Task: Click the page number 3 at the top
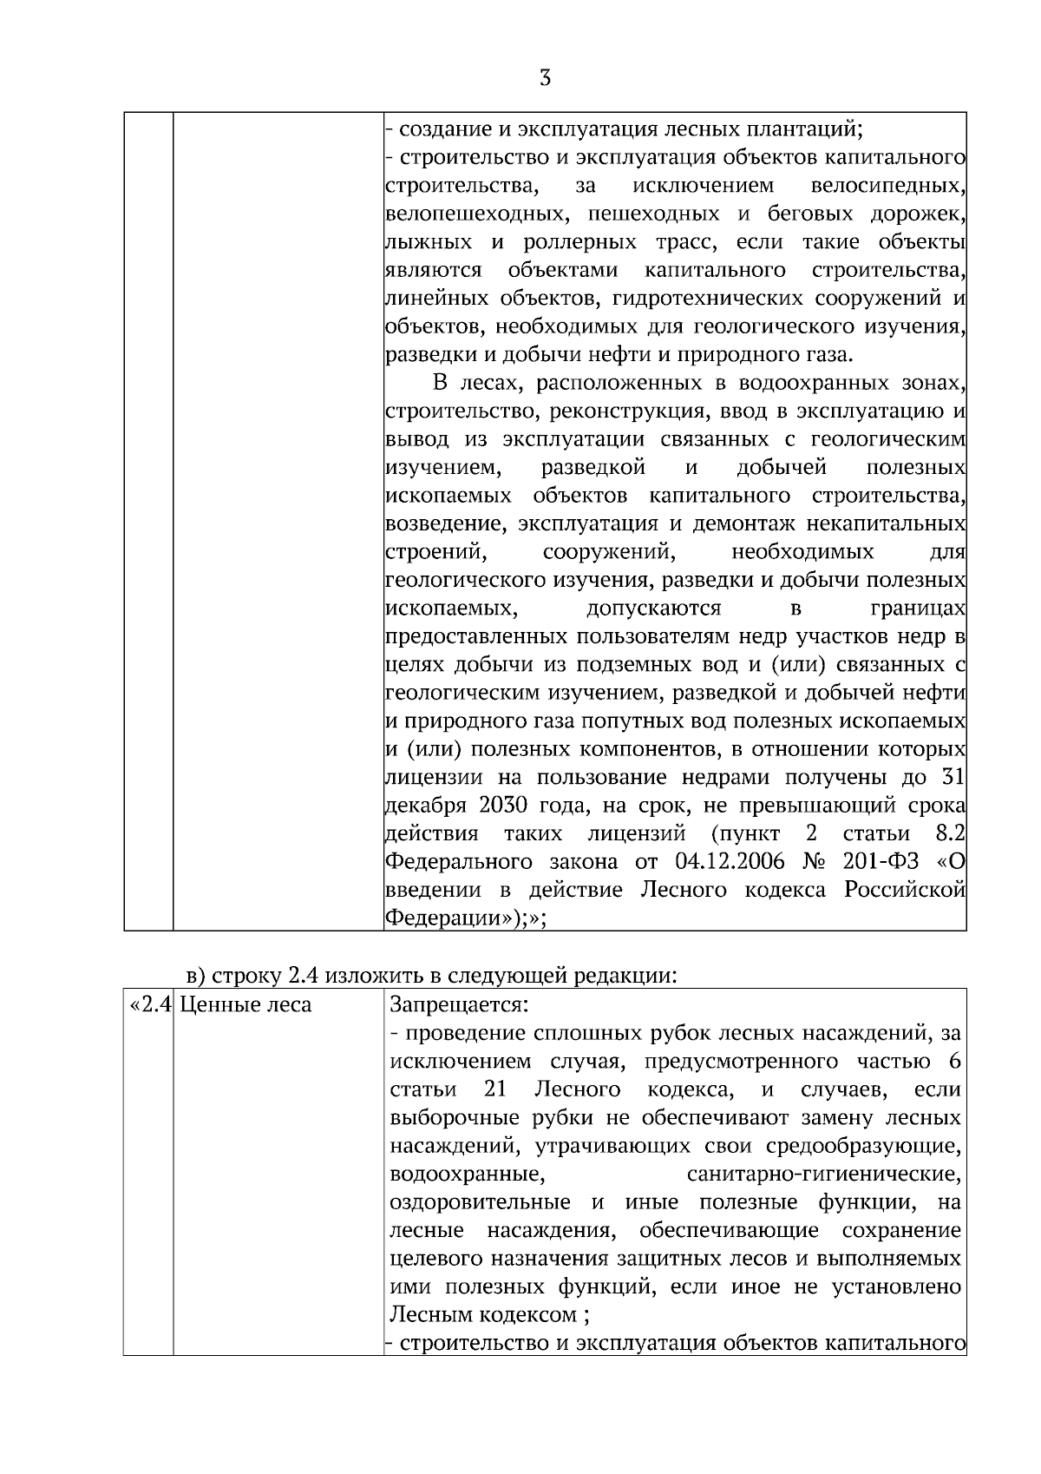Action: coord(545,79)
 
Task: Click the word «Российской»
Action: coord(906,890)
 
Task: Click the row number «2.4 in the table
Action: coord(150,1006)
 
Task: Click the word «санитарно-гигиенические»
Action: coord(823,1175)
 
